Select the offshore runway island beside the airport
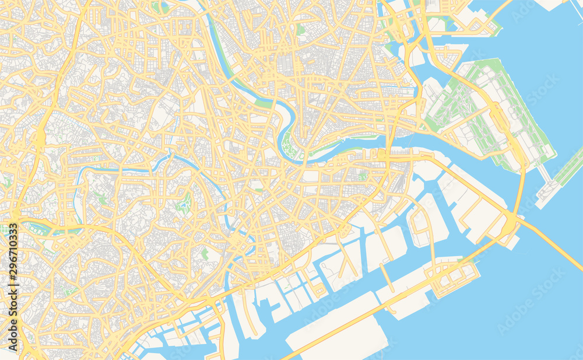[560, 175]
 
